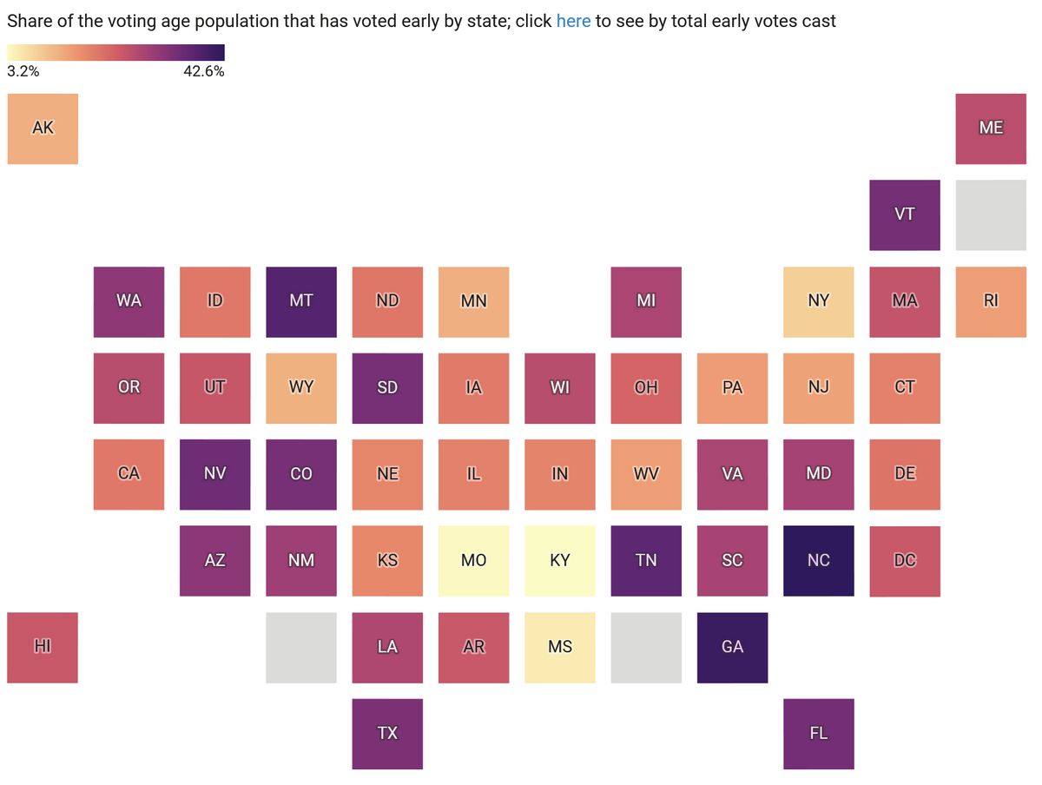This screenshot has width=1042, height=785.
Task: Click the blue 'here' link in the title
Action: pos(573,21)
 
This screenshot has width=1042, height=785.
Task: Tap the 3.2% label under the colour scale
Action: pos(23,71)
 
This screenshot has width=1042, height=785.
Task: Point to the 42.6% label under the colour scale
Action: pos(203,71)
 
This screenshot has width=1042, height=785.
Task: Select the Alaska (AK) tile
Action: pos(43,129)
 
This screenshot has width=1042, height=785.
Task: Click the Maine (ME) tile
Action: pos(991,129)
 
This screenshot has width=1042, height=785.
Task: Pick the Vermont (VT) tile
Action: pos(905,214)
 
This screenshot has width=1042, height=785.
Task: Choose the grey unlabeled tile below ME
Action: pos(991,214)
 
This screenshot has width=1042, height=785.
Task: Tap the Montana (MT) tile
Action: pos(301,301)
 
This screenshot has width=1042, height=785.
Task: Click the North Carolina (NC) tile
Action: pos(819,561)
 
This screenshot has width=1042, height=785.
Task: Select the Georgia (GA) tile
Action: pos(733,647)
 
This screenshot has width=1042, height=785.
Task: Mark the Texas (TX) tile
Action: pos(387,734)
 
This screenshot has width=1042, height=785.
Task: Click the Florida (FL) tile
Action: pos(819,734)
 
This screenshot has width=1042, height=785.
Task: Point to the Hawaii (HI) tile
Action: pos(43,647)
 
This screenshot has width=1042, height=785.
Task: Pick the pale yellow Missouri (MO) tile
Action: pos(474,561)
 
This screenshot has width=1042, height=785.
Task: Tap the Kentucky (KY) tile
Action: pos(560,561)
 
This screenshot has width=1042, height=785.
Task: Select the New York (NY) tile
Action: pos(819,301)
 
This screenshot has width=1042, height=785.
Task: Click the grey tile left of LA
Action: pos(301,647)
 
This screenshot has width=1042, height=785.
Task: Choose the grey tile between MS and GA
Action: pos(646,647)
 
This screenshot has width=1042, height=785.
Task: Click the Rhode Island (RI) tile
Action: pos(991,301)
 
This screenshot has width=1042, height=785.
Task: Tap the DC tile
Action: pos(905,561)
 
